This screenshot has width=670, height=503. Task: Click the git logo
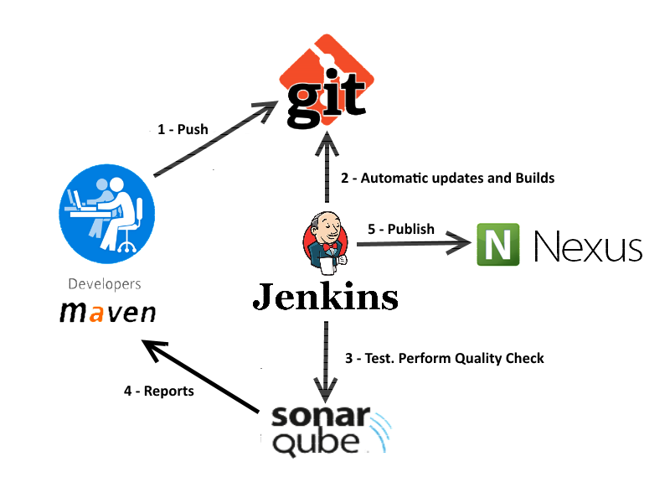tap(327, 81)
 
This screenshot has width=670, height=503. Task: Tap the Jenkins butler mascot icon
tap(326, 242)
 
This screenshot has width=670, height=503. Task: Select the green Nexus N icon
tap(498, 244)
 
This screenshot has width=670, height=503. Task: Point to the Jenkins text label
tap(326, 296)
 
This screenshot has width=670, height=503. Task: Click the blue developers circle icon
tap(107, 214)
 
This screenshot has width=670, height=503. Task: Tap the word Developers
tap(105, 284)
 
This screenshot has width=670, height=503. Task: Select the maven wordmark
tap(108, 312)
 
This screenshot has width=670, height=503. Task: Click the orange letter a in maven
tap(96, 313)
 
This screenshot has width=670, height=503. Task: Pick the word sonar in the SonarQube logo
tap(321, 416)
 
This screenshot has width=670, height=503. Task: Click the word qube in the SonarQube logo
tap(316, 443)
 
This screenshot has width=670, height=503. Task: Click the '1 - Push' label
tap(183, 129)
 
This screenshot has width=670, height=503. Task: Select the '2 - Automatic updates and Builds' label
tap(448, 178)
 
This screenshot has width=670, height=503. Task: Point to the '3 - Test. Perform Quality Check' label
tap(445, 359)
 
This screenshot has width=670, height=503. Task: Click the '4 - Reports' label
tap(159, 391)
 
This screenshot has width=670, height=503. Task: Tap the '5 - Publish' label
tap(401, 229)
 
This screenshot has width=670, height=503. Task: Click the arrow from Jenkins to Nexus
tap(414, 244)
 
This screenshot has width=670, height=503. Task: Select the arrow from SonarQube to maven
tap(200, 376)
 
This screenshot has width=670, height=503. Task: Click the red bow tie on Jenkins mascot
tap(329, 247)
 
